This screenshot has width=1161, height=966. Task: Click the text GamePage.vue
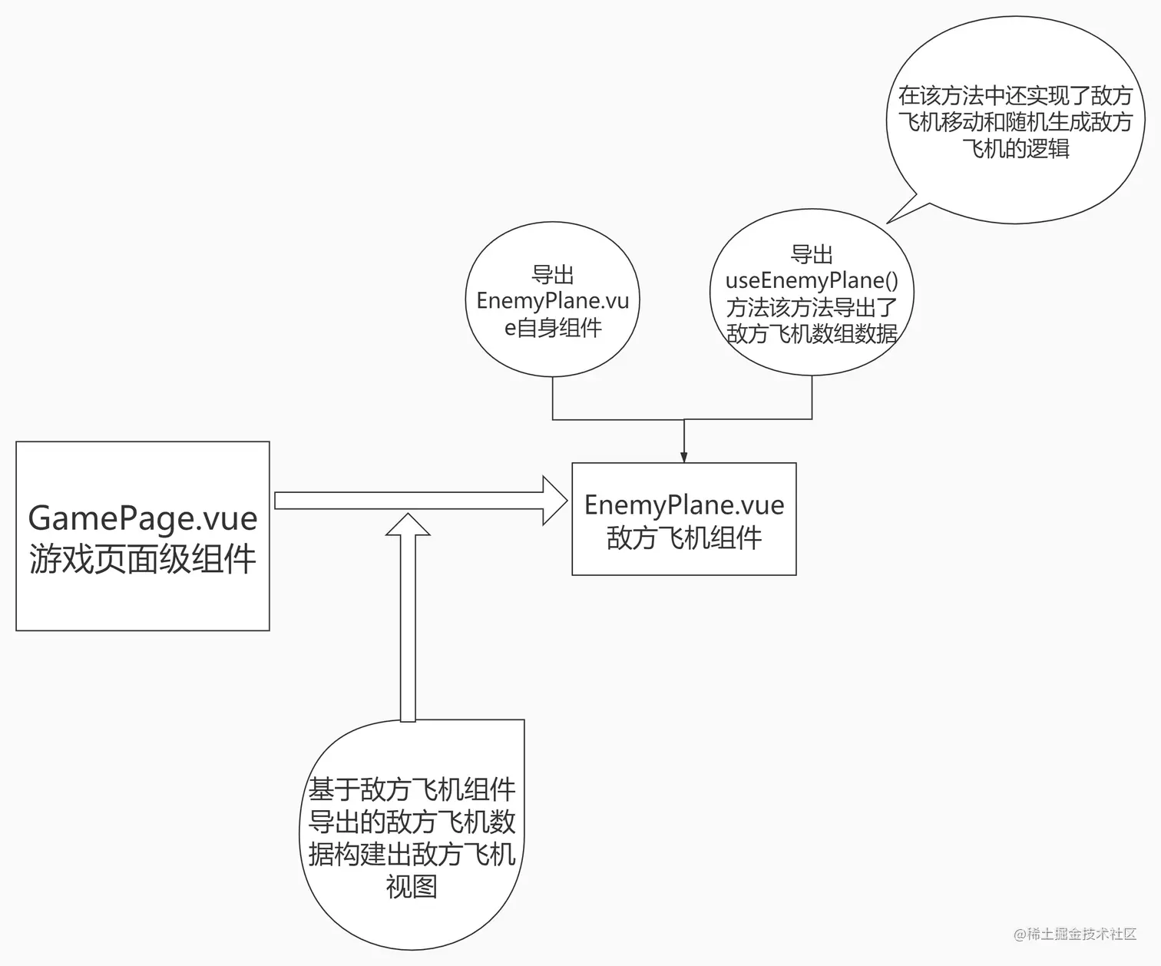point(143,518)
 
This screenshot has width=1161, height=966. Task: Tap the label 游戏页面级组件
point(143,558)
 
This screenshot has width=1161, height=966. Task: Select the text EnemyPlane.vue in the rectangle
point(684,505)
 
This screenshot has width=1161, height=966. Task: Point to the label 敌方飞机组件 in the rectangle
point(684,538)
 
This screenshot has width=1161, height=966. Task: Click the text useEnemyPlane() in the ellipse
point(812,281)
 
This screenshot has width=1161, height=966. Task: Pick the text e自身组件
point(553,328)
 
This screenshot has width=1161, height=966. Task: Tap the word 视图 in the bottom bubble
point(412,887)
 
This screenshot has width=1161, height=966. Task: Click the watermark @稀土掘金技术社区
point(1074,934)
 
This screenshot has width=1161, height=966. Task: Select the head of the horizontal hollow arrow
point(554,501)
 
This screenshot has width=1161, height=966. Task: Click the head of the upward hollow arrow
point(408,524)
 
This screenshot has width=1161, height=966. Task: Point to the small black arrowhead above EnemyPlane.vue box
point(684,457)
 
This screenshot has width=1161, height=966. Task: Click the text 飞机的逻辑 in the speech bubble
point(1016,148)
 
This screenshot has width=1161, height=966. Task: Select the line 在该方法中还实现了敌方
point(1016,96)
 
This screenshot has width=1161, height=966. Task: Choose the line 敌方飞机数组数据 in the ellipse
point(812,334)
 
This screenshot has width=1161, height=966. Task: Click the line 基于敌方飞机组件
point(412,789)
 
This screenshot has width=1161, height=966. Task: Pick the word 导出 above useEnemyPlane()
point(812,254)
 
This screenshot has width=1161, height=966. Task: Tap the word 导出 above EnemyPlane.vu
point(553,274)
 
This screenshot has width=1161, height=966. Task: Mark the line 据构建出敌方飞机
point(412,854)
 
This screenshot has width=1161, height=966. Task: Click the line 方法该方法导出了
point(812,308)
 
